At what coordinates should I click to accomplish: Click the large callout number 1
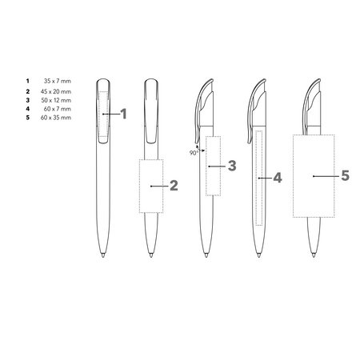[x=123, y=114]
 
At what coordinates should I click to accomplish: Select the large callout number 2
[x=174, y=186]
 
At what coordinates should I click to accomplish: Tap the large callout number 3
[x=232, y=166]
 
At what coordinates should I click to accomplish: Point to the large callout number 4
[x=278, y=178]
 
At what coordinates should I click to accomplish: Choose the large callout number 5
[x=346, y=176]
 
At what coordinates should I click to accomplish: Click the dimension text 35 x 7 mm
[x=58, y=81]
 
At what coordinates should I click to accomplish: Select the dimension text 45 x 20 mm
[x=56, y=91]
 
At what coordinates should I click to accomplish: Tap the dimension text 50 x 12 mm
[x=56, y=100]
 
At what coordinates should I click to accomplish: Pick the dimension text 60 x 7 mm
[x=58, y=109]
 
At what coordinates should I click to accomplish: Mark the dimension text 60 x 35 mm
[x=56, y=118]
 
